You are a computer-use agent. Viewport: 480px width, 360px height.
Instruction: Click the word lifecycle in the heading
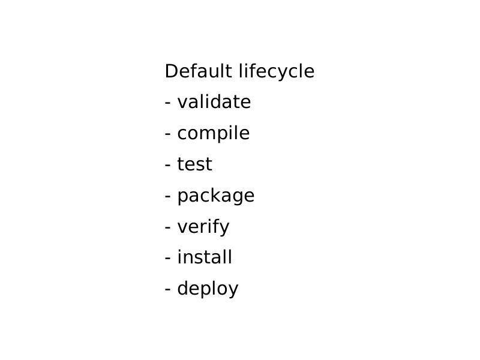[x=277, y=72]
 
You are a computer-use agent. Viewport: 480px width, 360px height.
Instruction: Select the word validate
[x=214, y=101]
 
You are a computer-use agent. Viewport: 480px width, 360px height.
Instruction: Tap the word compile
[x=214, y=133]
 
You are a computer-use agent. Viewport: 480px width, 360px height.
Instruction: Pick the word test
[x=194, y=164]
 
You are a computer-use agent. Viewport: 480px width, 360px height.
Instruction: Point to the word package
[x=216, y=196]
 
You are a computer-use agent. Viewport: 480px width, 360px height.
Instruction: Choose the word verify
[x=203, y=227]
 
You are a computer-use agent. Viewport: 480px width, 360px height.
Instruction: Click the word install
[x=205, y=257]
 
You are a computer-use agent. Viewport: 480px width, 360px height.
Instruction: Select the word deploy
[x=208, y=289]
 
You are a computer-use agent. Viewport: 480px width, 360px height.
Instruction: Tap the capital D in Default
[x=172, y=71]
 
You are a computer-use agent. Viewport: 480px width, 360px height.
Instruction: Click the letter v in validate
[x=183, y=104]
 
